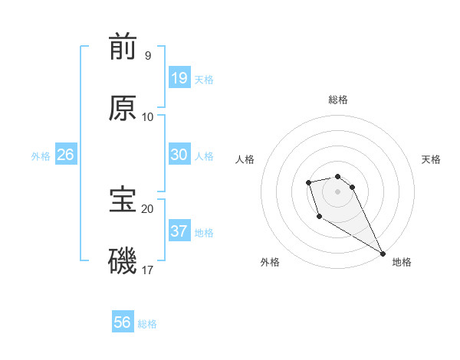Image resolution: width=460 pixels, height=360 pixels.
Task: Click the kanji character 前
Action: [x=123, y=47]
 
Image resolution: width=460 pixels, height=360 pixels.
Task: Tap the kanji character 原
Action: [x=123, y=108]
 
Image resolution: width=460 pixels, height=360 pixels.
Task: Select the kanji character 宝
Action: [x=123, y=199]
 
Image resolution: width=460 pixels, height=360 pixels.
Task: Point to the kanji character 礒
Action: [x=123, y=260]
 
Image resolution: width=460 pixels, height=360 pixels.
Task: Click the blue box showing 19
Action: [x=179, y=78]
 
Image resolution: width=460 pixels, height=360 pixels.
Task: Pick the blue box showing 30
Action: [x=179, y=155]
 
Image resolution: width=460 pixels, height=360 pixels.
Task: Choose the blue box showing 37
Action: [x=179, y=231]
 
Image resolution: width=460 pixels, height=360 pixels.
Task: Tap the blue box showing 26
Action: [x=65, y=155]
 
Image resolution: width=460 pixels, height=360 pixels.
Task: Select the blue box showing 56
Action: [x=123, y=322]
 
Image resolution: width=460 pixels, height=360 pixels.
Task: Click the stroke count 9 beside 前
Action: [x=147, y=55]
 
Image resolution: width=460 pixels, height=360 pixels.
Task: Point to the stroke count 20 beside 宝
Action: [x=147, y=208]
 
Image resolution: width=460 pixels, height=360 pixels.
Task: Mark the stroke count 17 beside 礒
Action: [x=147, y=270]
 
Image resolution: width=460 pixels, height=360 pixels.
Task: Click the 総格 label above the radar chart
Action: [x=338, y=100]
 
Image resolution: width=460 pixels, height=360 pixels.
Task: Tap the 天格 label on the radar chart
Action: [x=431, y=159]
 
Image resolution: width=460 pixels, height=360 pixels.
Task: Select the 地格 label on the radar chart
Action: [x=402, y=262]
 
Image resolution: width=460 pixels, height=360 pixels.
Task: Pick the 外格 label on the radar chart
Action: [x=270, y=262]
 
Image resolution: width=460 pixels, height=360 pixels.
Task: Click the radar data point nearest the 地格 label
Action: [x=383, y=253]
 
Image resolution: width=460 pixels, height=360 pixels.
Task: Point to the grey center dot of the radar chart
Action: [x=337, y=191]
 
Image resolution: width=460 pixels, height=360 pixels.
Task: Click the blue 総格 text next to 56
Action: [x=147, y=324]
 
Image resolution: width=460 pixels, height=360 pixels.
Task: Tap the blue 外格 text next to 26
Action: [x=41, y=156]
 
